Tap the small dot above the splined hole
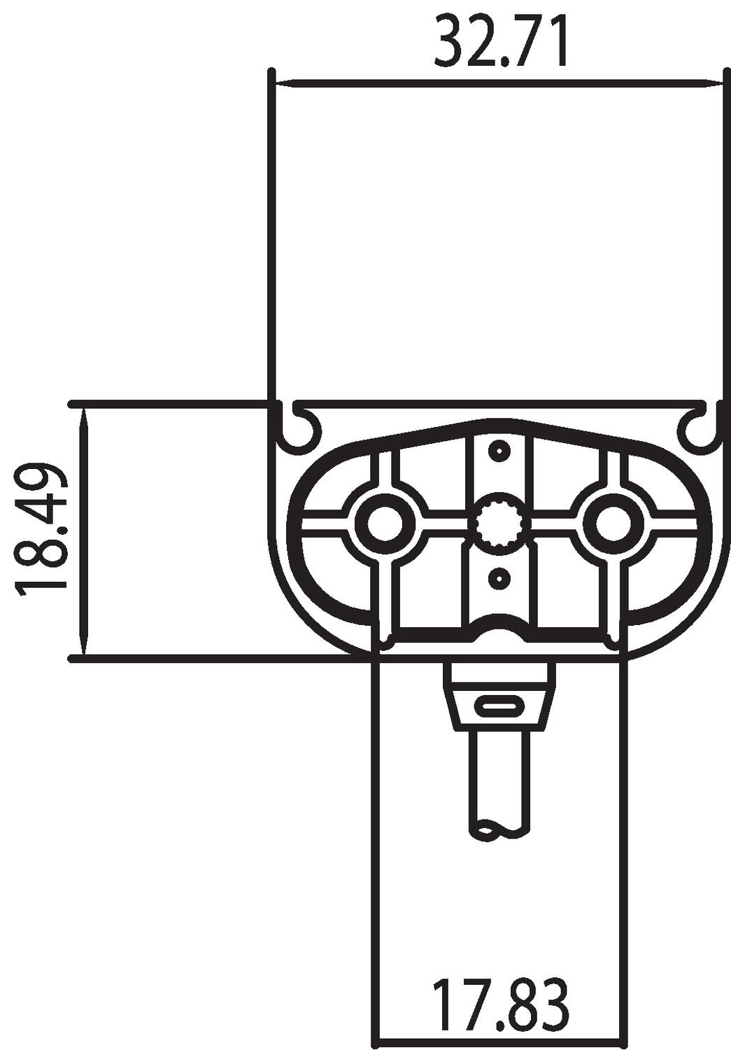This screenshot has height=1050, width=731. click(499, 451)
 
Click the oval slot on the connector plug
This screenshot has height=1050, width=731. click(499, 706)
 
